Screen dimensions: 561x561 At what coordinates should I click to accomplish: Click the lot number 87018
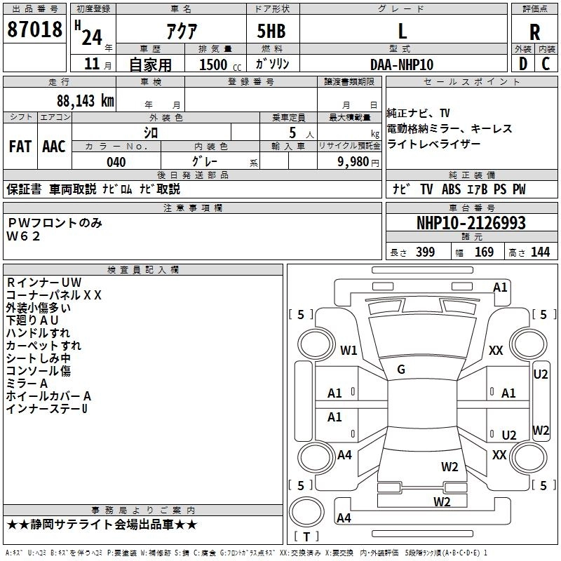[x=34, y=29]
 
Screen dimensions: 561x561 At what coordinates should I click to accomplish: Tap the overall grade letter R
[x=534, y=32]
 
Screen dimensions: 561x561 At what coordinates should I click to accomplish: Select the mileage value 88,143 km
[x=86, y=101]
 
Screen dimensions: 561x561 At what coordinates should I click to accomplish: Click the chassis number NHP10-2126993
[x=471, y=223]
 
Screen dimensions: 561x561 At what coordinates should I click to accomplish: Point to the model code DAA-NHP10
[x=402, y=65]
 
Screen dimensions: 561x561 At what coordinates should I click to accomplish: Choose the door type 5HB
[x=271, y=31]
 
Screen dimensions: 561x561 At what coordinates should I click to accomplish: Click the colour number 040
[x=116, y=162]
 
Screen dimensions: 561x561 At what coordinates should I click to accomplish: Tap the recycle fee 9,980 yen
[x=358, y=162]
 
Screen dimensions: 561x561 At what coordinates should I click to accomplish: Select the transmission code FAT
[x=20, y=147]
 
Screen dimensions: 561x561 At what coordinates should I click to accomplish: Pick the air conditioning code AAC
[x=54, y=147]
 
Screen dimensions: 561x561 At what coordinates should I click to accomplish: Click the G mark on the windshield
[x=401, y=370]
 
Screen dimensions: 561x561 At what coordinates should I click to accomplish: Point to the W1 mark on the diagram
[x=349, y=350]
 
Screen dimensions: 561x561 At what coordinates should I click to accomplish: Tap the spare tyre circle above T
[x=306, y=513]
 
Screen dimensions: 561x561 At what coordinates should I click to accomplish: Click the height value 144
[x=540, y=252]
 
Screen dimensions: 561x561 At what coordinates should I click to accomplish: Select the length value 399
[x=425, y=252]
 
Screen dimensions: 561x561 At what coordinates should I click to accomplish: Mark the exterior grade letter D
[x=522, y=64]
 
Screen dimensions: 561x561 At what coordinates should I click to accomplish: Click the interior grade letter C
[x=546, y=64]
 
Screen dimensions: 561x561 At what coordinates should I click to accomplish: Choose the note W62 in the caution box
[x=23, y=236]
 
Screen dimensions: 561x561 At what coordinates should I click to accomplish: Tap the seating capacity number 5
[x=292, y=133]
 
